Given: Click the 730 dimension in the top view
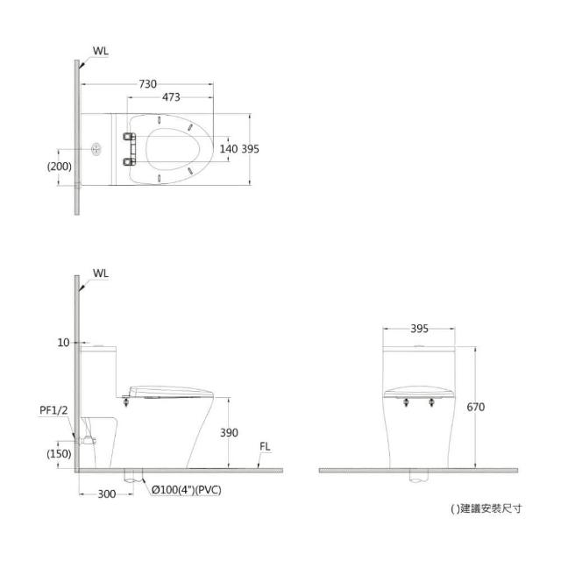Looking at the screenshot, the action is tap(148, 84).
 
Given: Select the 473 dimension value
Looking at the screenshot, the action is tap(171, 97).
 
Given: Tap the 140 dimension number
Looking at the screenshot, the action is tap(229, 149).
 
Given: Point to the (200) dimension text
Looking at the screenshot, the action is tap(60, 167).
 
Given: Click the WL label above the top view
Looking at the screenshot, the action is tap(101, 51).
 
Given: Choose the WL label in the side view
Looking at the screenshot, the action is tap(101, 273).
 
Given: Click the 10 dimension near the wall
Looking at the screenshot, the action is tap(63, 343).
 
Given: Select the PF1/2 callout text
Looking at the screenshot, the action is tap(53, 410).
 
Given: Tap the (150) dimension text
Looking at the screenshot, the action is tap(59, 454).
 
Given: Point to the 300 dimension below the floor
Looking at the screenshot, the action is tap(107, 494).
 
